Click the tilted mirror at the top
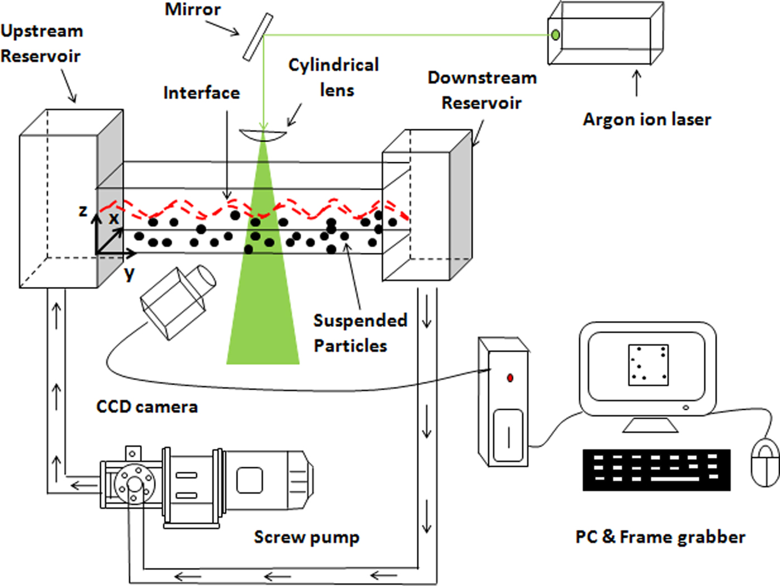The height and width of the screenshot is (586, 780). click(257, 37)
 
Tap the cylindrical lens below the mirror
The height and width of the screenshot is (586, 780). click(263, 134)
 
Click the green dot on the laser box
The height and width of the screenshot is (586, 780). click(555, 35)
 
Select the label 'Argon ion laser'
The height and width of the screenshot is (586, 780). click(647, 119)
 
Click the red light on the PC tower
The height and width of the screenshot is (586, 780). click(510, 378)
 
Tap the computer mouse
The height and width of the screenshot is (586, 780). click(765, 462)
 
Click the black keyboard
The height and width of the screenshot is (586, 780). click(656, 470)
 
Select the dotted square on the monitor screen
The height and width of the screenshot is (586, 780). click(648, 365)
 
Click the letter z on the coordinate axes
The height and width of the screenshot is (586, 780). click(83, 211)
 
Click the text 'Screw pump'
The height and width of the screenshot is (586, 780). click(306, 537)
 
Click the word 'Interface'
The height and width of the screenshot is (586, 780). click(202, 93)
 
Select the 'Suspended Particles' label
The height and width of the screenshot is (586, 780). click(360, 333)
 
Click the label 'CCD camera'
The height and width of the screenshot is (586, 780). click(147, 406)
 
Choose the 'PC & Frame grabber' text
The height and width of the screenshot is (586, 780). click(660, 537)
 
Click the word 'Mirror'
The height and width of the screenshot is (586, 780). click(193, 9)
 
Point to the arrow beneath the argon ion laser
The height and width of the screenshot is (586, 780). click(637, 83)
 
